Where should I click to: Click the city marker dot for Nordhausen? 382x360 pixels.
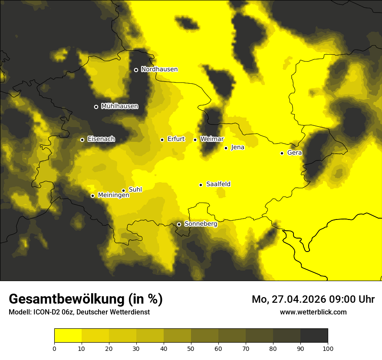point(136,70)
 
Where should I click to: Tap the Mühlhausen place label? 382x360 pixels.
point(119,106)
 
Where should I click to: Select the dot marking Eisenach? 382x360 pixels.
point(82,140)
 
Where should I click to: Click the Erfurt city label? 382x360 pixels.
point(176,139)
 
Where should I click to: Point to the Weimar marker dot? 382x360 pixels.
point(195,140)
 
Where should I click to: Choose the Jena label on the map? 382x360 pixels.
point(237,147)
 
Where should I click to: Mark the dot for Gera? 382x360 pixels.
point(282,153)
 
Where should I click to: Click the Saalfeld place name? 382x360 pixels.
point(218,184)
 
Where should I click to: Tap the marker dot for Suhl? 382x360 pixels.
point(123,190)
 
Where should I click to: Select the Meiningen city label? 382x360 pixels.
point(114,196)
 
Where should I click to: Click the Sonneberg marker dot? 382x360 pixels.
point(179,224)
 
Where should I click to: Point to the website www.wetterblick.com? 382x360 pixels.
point(313,312)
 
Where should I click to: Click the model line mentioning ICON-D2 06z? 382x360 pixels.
point(79,312)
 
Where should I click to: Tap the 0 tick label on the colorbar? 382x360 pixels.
point(54,348)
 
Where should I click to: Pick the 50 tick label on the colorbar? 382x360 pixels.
point(191,348)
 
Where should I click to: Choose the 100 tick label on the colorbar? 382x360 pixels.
point(328,348)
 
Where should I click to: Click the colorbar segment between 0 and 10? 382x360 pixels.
point(68,336)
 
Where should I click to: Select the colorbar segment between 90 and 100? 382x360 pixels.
point(314,336)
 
